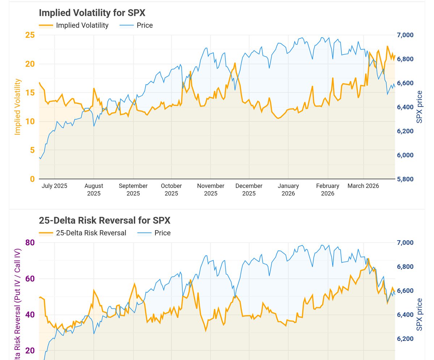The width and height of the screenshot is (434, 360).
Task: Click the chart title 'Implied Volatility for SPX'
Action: click(92, 13)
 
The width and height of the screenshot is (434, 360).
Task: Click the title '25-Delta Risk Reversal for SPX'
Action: click(104, 220)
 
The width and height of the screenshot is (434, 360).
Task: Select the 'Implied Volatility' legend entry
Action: click(82, 25)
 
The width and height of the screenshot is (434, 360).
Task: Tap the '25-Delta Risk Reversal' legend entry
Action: click(91, 233)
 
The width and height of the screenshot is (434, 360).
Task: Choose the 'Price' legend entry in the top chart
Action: click(145, 25)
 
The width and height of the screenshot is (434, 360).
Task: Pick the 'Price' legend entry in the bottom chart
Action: click(162, 233)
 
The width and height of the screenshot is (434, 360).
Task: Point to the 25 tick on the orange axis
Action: click(30, 35)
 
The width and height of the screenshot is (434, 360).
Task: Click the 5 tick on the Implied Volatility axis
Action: click(32, 150)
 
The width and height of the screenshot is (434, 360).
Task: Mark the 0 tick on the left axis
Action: click(32, 179)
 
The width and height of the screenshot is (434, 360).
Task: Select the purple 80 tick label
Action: click(30, 243)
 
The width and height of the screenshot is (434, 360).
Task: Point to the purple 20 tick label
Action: click(30, 351)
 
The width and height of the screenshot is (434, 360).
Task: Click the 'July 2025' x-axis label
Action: click(55, 186)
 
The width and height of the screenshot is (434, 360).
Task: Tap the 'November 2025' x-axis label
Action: click(210, 189)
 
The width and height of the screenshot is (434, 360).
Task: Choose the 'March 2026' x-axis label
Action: click(363, 186)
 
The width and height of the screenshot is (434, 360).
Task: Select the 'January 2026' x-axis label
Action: click(288, 189)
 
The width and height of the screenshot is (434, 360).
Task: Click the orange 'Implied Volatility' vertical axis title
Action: click(17, 107)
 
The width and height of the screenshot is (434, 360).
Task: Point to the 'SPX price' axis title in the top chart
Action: click(420, 107)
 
